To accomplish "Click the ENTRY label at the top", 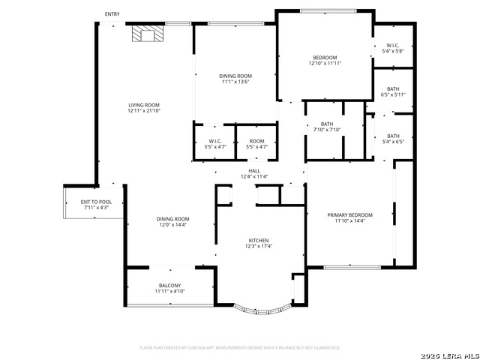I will (x=112, y=14).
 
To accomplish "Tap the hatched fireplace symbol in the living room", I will (x=145, y=34).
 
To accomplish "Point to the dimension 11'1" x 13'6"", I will (x=235, y=82).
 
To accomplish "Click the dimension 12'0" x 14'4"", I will (x=172, y=224).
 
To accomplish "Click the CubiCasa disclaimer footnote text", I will (x=240, y=348).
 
